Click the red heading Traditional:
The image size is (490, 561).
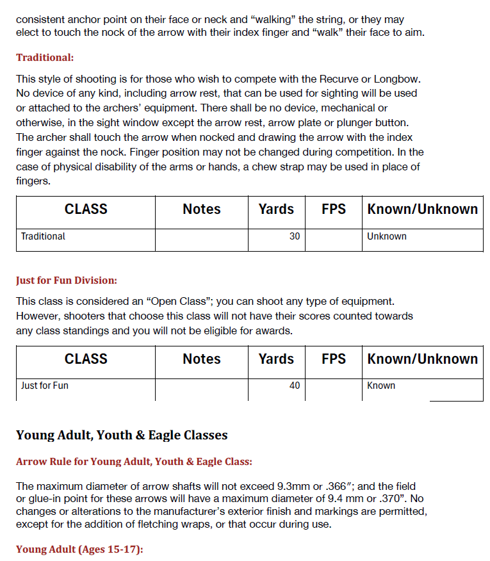[x=45, y=58]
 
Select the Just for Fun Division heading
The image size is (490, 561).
[x=67, y=280]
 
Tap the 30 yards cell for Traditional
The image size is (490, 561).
[x=294, y=236]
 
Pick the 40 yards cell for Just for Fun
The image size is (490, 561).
[x=294, y=386]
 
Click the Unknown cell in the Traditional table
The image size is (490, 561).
[x=386, y=236]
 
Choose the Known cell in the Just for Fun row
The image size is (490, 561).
[x=381, y=386]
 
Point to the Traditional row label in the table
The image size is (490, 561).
[x=43, y=236]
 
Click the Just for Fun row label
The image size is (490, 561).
[x=44, y=386]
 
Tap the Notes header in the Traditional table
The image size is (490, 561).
[x=201, y=209]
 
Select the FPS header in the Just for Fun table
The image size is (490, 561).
[x=333, y=359]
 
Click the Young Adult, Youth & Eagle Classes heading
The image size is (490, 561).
[x=122, y=435]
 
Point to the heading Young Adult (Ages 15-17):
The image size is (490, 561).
[x=79, y=549]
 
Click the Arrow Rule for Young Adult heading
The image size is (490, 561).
[x=134, y=461]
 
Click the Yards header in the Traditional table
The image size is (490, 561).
[x=276, y=209]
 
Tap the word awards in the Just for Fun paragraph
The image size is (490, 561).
[x=274, y=331]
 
